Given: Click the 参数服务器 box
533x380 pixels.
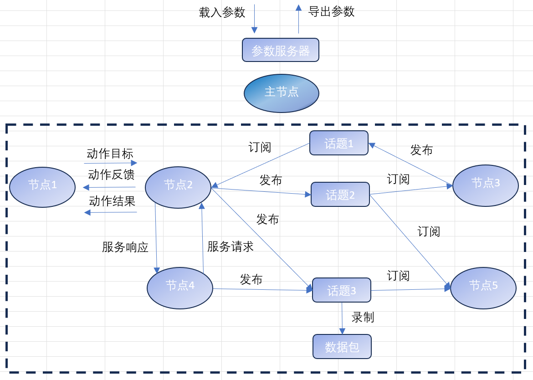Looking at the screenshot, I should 280,50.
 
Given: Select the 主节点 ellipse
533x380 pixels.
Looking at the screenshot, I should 281,93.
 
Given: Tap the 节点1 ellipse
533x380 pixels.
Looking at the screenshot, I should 42,187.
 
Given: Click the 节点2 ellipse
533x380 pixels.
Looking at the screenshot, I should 178,187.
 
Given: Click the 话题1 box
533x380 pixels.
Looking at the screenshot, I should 339,143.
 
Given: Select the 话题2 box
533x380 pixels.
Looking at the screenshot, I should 340,195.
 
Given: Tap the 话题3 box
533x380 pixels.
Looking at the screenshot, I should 342,290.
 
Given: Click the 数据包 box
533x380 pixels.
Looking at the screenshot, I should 342,347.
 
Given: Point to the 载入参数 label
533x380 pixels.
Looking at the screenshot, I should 222,12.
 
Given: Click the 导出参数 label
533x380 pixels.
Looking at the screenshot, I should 331,11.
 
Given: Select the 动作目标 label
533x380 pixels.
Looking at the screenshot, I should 110,154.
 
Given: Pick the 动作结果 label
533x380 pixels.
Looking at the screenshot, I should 112,201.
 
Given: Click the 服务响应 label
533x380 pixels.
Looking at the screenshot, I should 125,247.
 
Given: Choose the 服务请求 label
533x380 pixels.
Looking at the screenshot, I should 230,246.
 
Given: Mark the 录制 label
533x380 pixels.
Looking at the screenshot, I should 363,317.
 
